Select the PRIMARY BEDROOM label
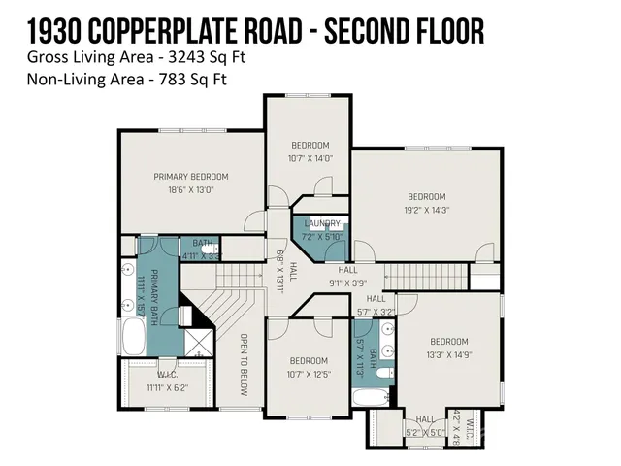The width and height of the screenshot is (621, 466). point(191,176)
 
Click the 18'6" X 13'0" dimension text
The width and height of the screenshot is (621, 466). point(191,190)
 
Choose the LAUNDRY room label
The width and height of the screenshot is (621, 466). point(322,223)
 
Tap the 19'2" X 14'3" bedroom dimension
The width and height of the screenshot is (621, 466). point(426,209)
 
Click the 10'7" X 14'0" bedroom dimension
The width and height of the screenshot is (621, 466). point(310,158)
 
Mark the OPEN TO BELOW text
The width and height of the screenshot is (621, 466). point(245,358)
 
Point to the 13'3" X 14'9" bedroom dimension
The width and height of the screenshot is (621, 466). point(448,355)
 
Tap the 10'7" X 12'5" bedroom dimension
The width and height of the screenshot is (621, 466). point(310,373)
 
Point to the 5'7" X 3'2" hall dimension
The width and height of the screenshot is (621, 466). point(376,313)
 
